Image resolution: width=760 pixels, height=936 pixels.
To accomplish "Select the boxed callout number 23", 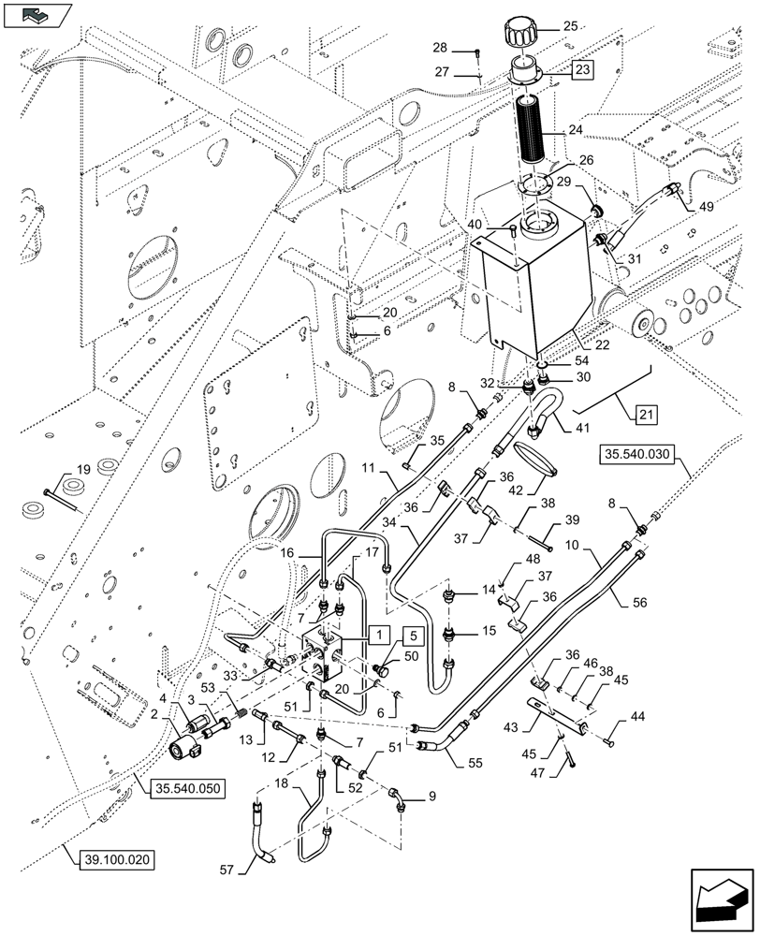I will coord(581,69).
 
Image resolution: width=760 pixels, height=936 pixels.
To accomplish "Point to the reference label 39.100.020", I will coord(111,858).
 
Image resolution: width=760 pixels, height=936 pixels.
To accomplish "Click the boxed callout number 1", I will coord(379,634).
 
